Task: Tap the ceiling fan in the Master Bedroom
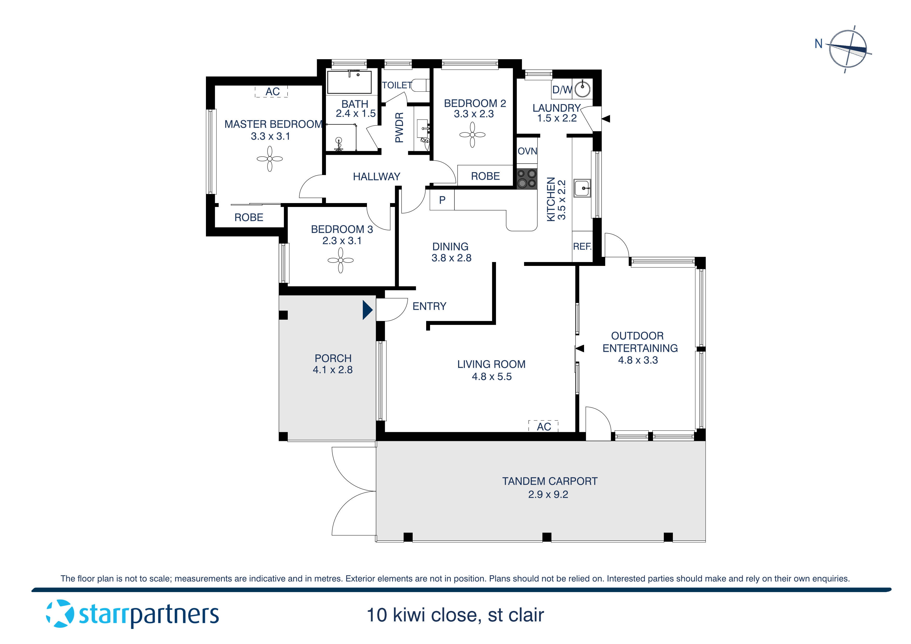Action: coord(270,159)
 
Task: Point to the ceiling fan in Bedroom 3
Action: coord(340,260)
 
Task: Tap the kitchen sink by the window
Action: coord(582,188)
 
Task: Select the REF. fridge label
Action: coord(582,246)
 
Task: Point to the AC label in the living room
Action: coord(544,427)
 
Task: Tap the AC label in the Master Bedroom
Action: coord(272,92)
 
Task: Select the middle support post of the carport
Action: coord(546,537)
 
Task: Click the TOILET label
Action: coord(397,85)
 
